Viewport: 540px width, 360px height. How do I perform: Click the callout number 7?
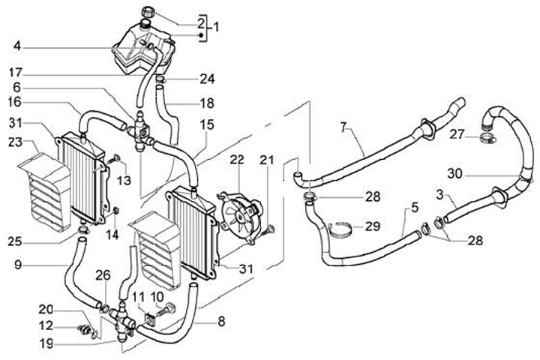(343, 128)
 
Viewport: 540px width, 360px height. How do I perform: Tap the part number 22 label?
(237, 160)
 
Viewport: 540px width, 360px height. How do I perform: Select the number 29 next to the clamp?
(372, 226)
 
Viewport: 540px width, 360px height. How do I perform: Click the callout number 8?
(221, 321)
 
